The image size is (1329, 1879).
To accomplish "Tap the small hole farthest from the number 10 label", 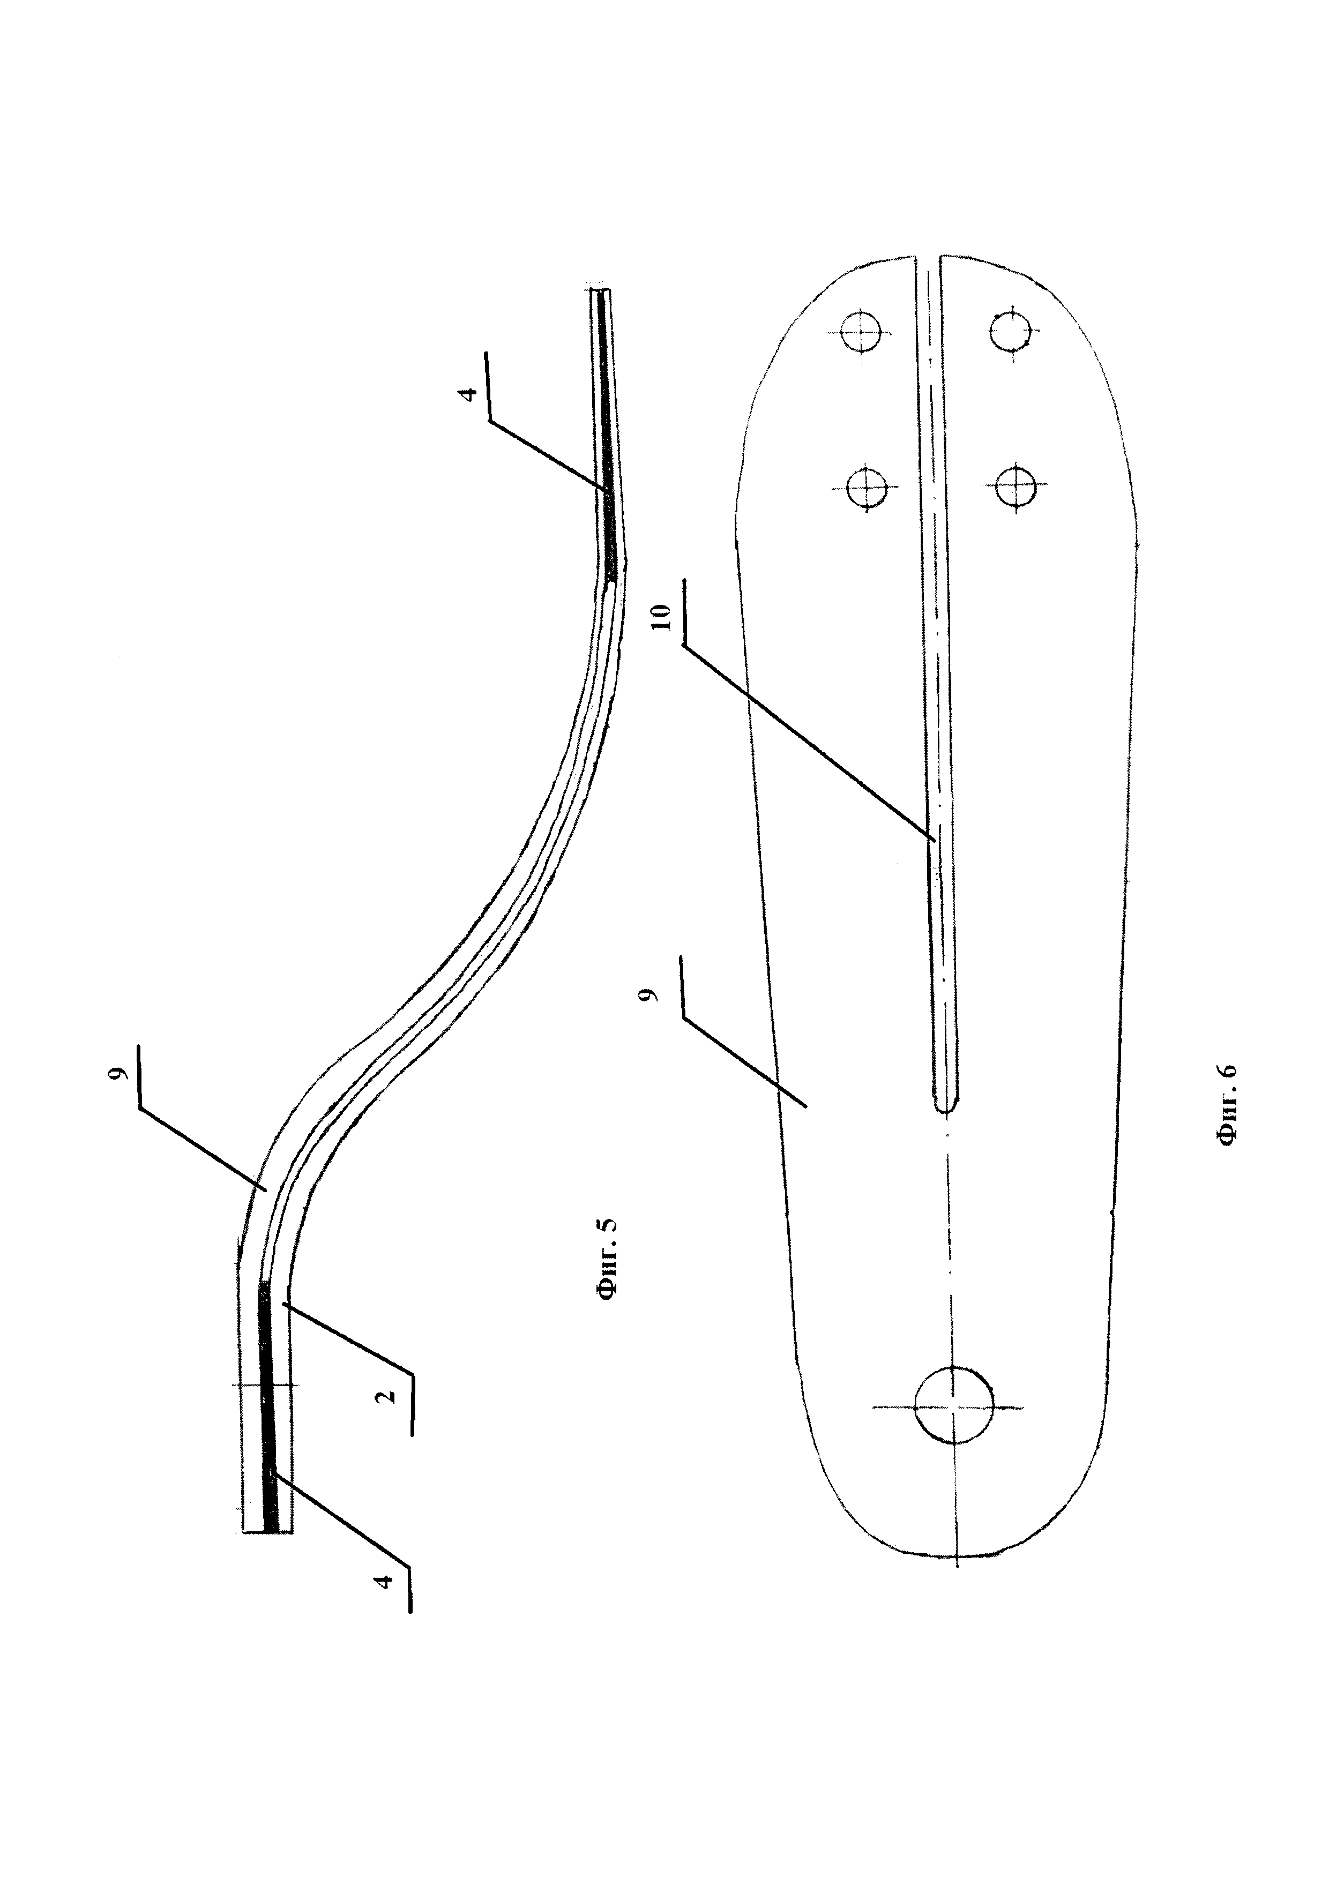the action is tap(1011, 330).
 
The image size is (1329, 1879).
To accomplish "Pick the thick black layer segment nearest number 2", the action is tap(267, 1408).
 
